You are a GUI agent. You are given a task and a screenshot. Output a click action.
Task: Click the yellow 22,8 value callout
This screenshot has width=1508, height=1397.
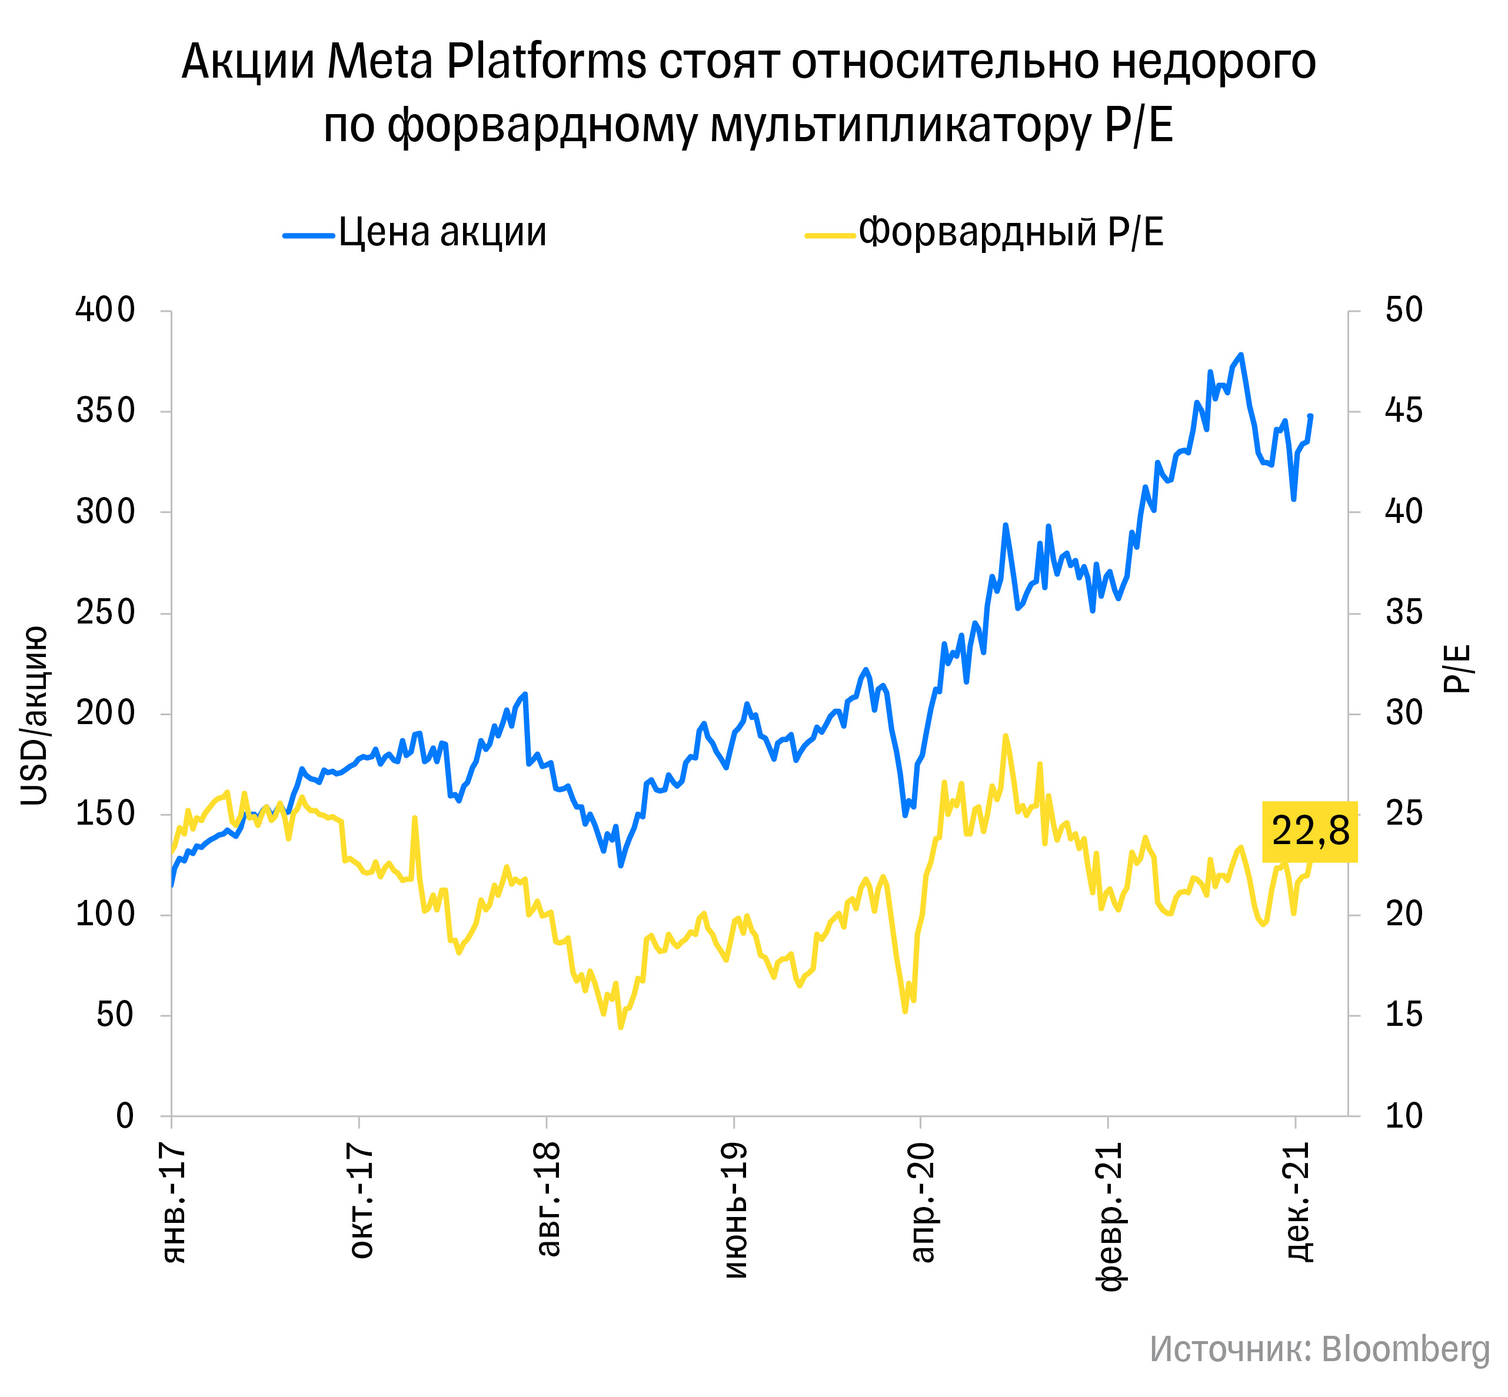(1310, 832)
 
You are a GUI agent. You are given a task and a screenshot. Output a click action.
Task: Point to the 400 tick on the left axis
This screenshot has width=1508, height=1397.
(105, 310)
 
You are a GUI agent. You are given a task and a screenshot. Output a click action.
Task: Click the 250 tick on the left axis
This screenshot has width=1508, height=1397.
(105, 612)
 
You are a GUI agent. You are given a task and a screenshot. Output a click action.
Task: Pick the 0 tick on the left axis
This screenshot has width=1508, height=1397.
(125, 1116)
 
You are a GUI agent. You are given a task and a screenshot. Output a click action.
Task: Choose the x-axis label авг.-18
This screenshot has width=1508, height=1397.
(548, 1199)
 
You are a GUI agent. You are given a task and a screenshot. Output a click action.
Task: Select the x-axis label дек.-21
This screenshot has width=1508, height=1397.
(1299, 1202)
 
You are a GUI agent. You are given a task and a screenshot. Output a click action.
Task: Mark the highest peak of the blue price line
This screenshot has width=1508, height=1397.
(1241, 355)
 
